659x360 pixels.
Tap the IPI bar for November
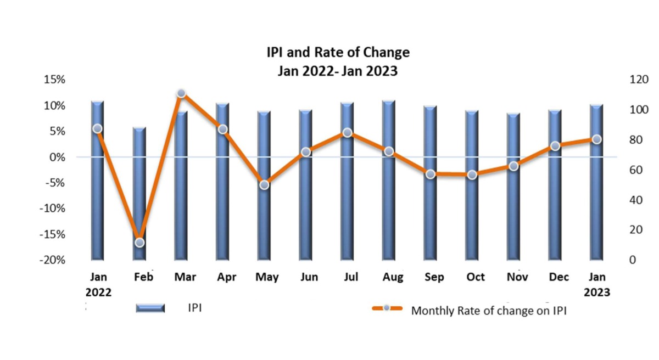coord(513,187)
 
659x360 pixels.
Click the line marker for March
coord(181,93)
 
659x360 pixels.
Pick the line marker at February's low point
coord(139,242)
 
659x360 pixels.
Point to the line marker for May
coord(264,185)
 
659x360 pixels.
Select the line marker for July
coord(347,132)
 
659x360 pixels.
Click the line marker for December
coord(555,146)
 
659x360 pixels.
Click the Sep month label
coord(434,277)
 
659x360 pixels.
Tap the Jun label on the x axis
coord(309,277)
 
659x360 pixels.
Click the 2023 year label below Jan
coord(596,292)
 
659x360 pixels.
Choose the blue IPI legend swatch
coord(150,308)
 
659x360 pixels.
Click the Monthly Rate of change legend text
coord(489,311)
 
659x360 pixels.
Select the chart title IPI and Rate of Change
coord(338,53)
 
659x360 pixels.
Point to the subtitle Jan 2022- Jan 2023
coord(338,70)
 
